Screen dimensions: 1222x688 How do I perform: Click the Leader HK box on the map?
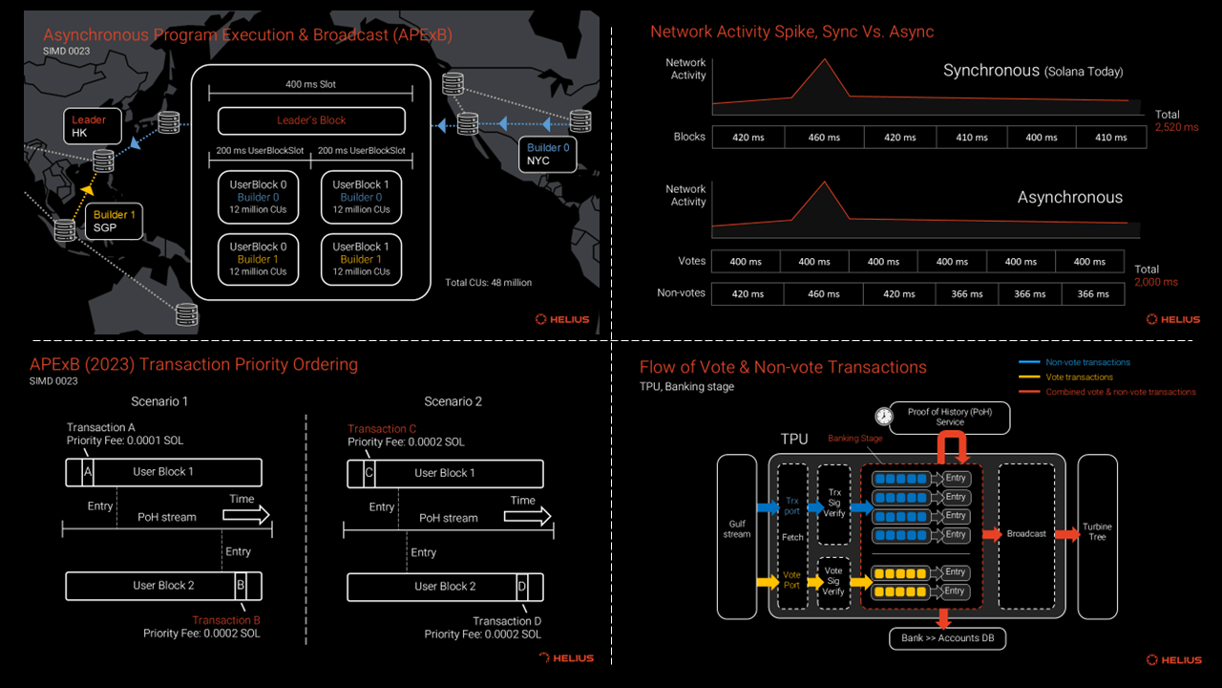click(93, 126)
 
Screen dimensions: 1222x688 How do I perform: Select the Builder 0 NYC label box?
click(547, 155)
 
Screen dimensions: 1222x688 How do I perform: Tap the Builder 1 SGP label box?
click(114, 221)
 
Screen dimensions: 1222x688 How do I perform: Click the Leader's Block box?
click(311, 120)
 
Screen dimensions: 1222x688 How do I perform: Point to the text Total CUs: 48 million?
click(488, 282)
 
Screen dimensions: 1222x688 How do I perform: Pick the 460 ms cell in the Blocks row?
click(824, 137)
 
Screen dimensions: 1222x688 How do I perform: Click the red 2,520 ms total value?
click(1177, 127)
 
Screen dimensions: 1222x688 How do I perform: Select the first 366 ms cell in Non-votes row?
click(967, 293)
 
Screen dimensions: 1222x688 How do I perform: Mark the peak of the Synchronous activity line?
click(824, 59)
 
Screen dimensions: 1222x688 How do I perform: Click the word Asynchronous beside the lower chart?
click(1070, 197)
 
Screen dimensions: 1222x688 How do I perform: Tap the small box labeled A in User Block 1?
click(88, 472)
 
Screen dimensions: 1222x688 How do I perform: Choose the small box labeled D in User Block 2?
click(522, 587)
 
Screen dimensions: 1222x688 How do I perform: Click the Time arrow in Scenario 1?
click(246, 515)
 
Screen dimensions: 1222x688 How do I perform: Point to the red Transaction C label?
click(382, 429)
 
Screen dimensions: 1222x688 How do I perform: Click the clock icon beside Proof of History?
click(884, 416)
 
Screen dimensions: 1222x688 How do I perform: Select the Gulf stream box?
click(737, 537)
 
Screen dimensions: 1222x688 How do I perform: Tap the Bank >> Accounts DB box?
click(948, 638)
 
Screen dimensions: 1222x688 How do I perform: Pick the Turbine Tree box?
click(1098, 537)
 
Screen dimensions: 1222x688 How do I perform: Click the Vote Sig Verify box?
click(833, 583)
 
